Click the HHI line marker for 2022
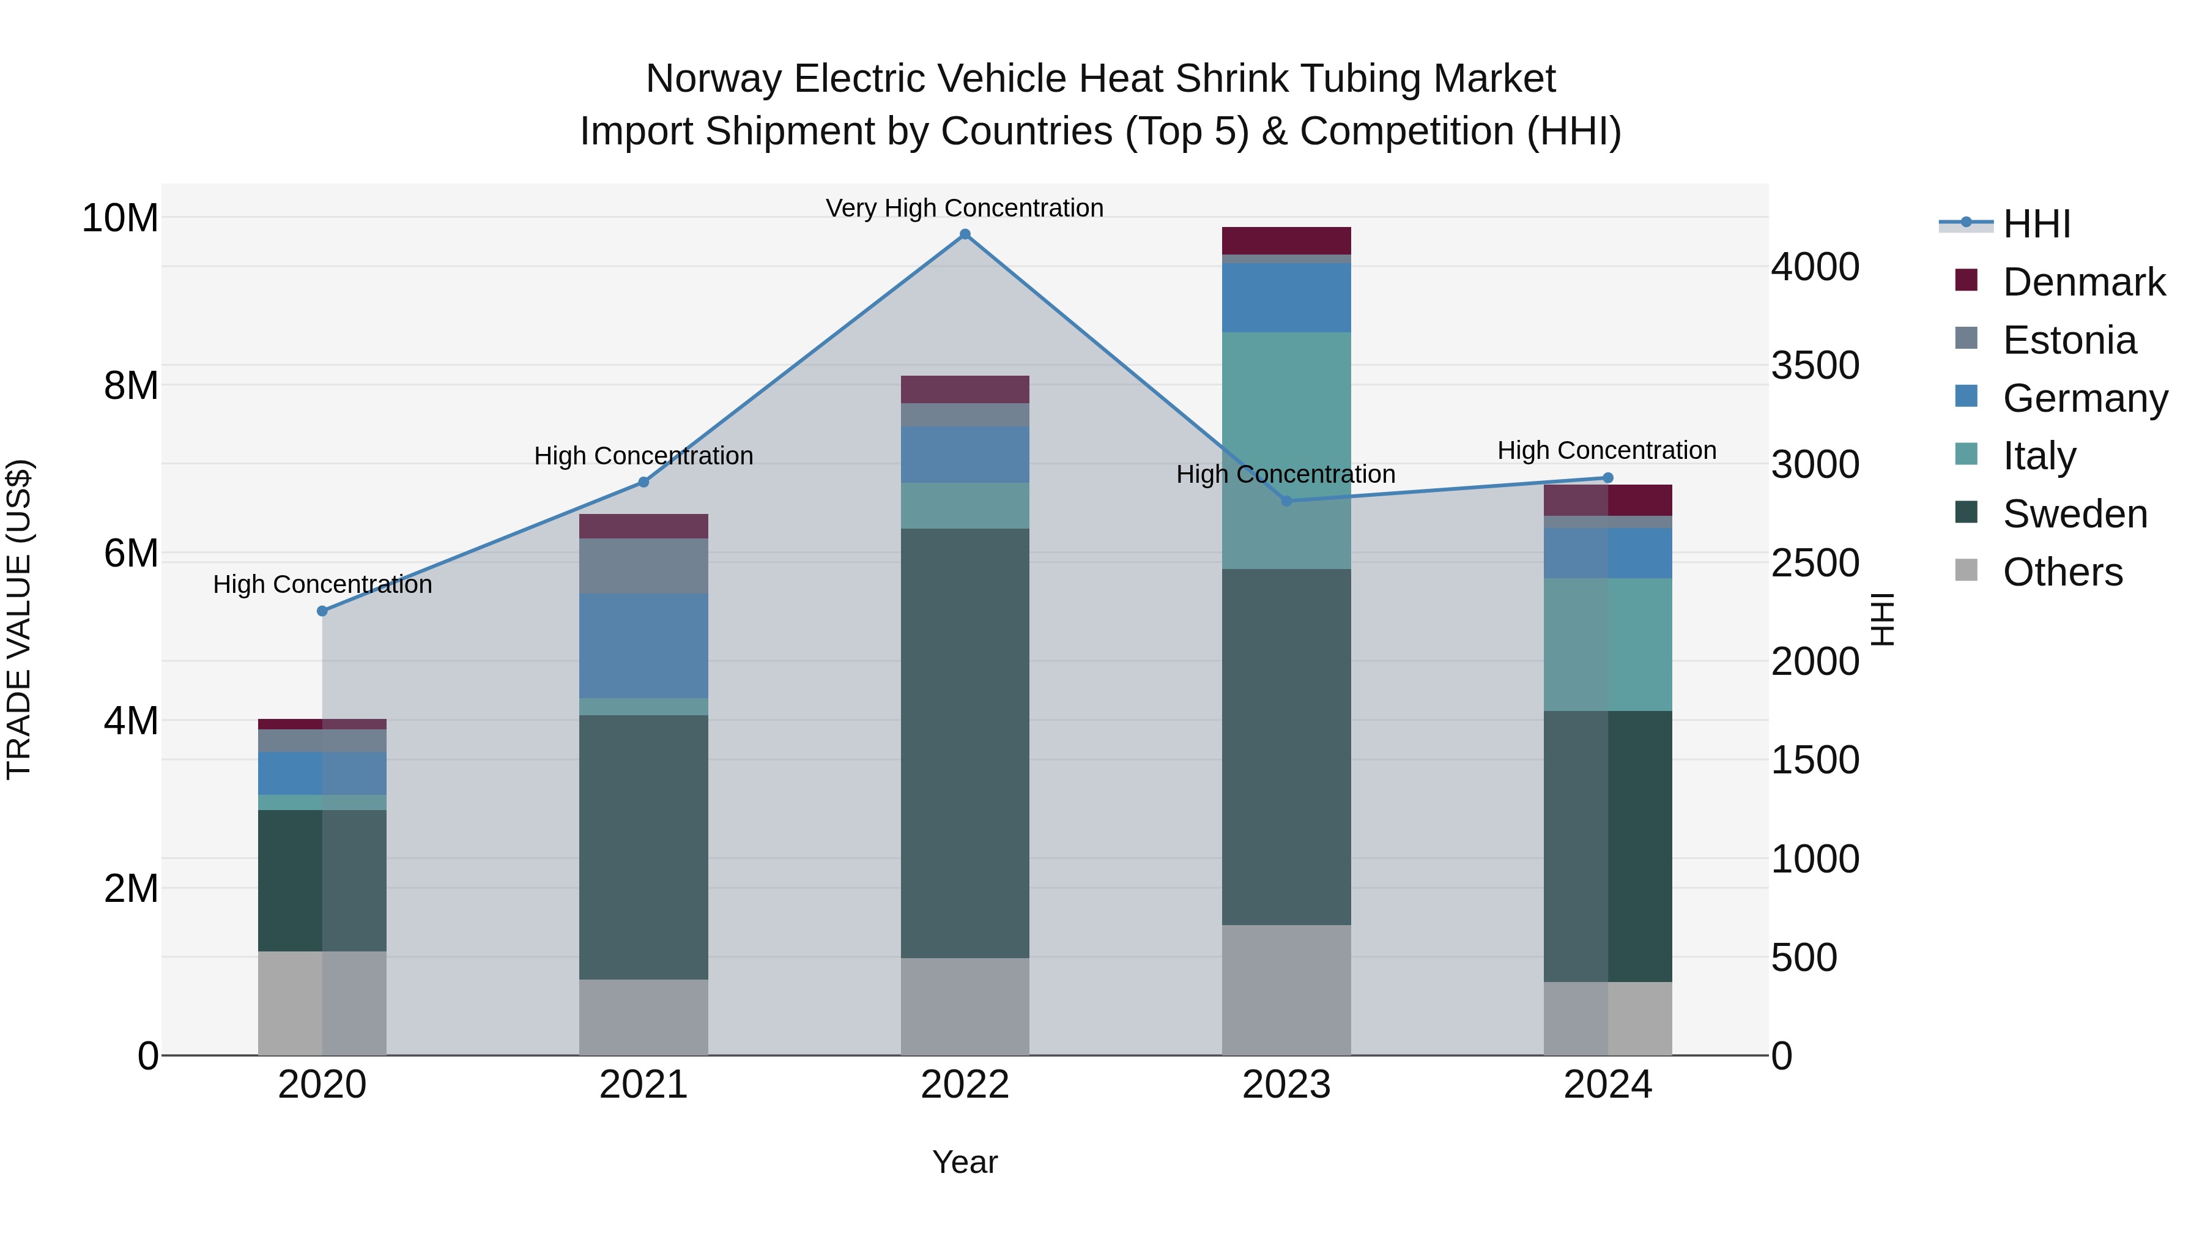coord(965,234)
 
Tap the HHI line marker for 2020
coord(322,611)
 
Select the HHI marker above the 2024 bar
coord(1608,478)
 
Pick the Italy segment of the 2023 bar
coord(1286,450)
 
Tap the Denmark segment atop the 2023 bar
coord(1286,240)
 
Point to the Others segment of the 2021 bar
coord(643,1017)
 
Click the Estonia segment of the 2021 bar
coord(643,566)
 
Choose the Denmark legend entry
coord(2083,282)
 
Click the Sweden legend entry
coord(2075,514)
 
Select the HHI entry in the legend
coord(2036,224)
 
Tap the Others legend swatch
coord(1966,570)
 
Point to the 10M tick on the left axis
coord(120,218)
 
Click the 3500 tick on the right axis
coord(1815,365)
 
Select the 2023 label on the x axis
coord(1286,1085)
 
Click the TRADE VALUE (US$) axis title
coord(19,619)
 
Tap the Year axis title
coord(965,1162)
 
